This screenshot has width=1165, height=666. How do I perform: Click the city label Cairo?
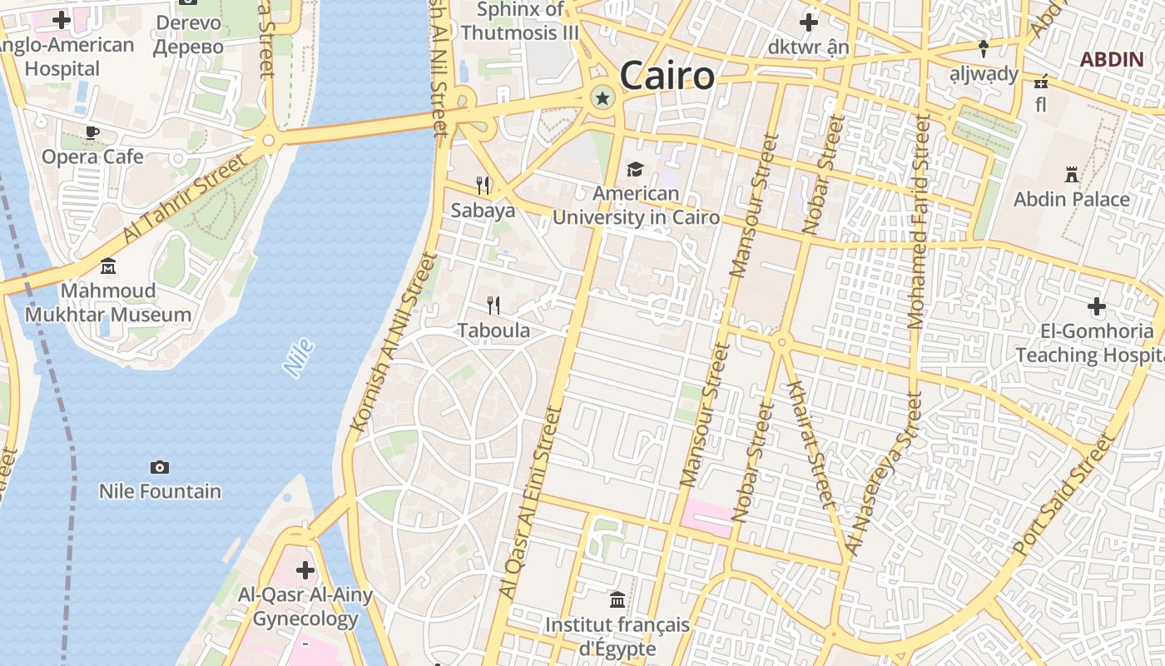pos(667,76)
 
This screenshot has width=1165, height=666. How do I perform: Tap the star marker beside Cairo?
pos(602,98)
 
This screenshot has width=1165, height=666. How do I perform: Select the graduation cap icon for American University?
pos(636,170)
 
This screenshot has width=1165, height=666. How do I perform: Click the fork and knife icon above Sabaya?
pos(483,185)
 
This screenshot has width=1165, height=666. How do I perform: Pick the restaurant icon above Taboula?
pos(493,306)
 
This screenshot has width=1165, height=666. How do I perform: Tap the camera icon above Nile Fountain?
pos(160,467)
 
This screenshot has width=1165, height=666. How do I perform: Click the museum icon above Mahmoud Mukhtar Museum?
pos(108,266)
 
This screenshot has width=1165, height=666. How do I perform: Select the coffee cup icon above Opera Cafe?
pos(92,132)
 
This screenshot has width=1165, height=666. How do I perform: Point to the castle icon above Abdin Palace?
pos(1072,175)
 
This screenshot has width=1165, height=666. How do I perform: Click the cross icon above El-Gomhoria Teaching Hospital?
pos(1097,306)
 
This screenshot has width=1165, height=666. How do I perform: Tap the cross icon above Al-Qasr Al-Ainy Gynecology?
pos(305,570)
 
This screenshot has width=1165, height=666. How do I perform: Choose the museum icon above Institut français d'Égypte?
pos(617,599)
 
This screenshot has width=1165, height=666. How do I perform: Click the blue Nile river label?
pos(298,357)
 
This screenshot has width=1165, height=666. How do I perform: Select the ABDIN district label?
pos(1112,59)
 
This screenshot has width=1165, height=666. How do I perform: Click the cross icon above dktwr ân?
pos(808,22)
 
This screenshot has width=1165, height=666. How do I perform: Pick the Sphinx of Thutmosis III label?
pos(521,22)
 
